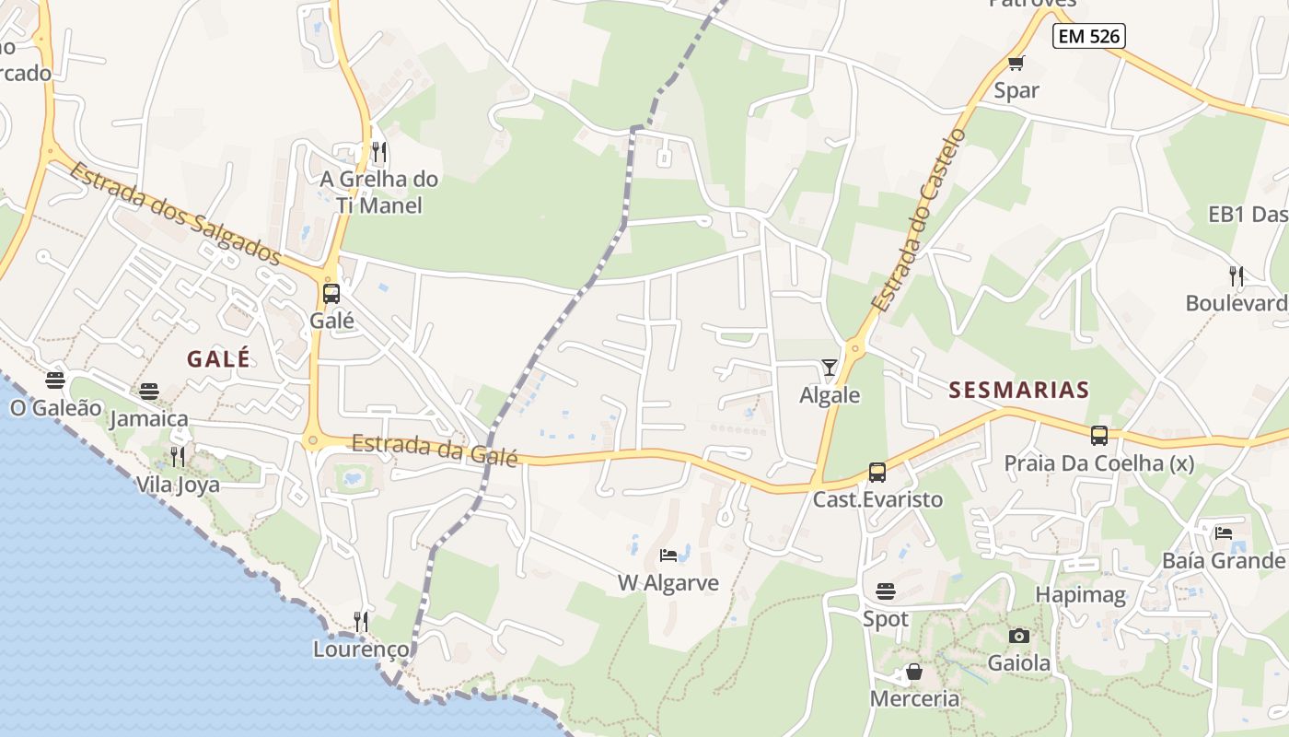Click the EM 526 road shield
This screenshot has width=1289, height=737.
1089,37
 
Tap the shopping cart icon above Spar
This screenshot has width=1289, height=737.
1016,64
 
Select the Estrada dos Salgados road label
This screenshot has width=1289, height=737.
174,214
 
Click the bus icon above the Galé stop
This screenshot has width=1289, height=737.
331,294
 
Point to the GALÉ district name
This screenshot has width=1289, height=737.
219,358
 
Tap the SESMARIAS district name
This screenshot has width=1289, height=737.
1019,390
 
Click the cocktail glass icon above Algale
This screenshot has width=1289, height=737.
830,368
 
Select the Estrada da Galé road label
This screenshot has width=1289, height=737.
434,450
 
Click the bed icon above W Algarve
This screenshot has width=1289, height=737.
668,556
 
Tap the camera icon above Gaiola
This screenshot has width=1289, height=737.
1018,636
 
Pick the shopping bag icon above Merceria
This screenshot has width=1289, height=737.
914,672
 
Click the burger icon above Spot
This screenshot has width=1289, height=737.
886,591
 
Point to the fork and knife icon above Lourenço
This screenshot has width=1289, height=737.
361,621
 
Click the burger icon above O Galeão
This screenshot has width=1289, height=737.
55,380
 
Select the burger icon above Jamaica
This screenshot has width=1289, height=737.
149,392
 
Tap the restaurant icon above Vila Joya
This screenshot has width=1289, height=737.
178,456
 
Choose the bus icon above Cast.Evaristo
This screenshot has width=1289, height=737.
877,473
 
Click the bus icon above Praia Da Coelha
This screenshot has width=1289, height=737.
1099,436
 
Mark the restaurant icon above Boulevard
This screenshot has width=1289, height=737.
1237,275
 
